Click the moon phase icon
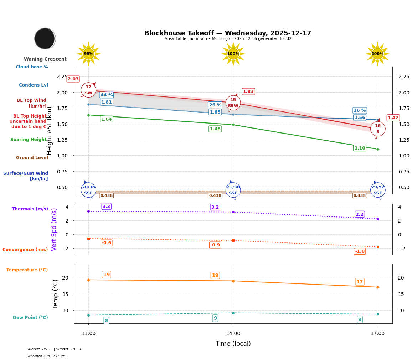click(45, 38)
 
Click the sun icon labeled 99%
click(88, 54)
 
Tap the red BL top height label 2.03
click(73, 79)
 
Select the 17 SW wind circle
click(88, 90)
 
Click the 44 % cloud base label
click(106, 95)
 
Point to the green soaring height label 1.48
click(215, 129)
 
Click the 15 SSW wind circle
click(233, 103)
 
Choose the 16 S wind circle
click(377, 129)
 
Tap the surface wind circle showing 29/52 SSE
click(377, 190)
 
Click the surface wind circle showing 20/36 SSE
click(88, 190)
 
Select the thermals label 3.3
click(106, 207)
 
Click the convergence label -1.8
click(360, 251)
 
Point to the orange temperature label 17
click(360, 282)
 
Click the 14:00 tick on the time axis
click(233, 333)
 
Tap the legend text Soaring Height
click(29, 140)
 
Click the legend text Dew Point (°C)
click(30, 318)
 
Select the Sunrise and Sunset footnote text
click(54, 349)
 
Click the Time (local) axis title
click(233, 344)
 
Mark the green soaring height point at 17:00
click(377, 149)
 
